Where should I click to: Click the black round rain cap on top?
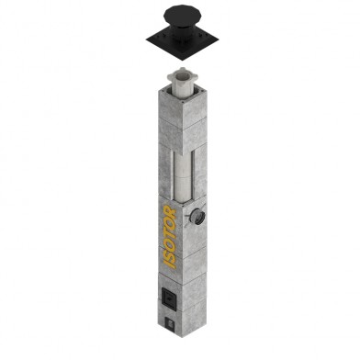(182, 16)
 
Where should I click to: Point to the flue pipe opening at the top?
(183, 73)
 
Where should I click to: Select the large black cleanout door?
(168, 296)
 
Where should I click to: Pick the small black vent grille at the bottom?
(170, 323)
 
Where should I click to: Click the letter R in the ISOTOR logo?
(170, 211)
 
